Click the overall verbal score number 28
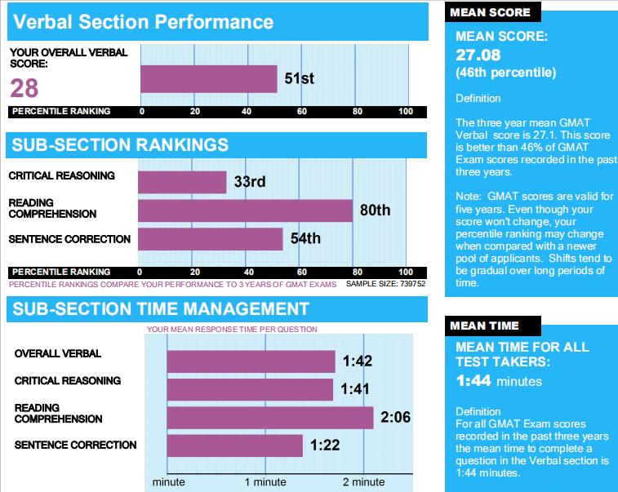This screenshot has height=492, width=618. pos(24,87)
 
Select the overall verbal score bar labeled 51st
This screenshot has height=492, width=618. pos(209,79)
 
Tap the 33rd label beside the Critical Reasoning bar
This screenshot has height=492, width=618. pos(250,182)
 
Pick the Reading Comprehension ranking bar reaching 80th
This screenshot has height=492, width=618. pos(245,211)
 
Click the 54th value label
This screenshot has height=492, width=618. pos(305,239)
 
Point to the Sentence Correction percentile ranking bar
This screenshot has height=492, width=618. pos(211,239)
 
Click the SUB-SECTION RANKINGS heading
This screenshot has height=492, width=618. pos(118,145)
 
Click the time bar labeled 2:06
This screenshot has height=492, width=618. pos(269,418)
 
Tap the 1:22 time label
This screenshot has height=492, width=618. pos(325,445)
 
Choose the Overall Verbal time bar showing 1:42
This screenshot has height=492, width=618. pos(251,361)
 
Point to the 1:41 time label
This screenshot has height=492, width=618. pos(355,390)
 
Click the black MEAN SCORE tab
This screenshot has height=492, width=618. pos(491,12)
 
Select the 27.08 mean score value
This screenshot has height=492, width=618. pos(478,55)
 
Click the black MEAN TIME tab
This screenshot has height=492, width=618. pos(485,326)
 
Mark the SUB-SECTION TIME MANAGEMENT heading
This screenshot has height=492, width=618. pos(160,308)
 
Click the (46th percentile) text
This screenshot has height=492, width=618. pos(505,73)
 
